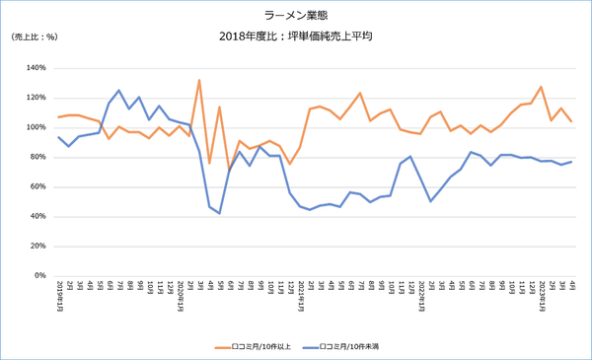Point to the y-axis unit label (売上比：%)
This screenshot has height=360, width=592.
(x=36, y=36)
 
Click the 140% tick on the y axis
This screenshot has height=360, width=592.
(x=36, y=68)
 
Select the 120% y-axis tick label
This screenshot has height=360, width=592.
(x=36, y=98)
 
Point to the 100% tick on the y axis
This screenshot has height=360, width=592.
(x=36, y=127)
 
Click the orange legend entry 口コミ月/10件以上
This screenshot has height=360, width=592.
(x=256, y=347)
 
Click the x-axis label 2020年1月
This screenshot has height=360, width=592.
(x=180, y=294)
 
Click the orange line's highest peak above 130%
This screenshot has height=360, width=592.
(x=199, y=80)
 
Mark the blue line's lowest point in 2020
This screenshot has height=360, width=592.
(x=219, y=213)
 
